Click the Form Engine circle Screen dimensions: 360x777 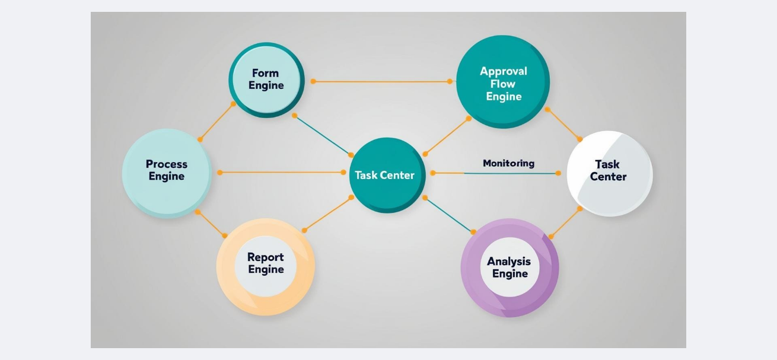pyautogui.click(x=266, y=79)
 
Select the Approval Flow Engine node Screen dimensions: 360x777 pyautogui.click(x=502, y=82)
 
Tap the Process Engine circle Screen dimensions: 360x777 pyautogui.click(x=167, y=173)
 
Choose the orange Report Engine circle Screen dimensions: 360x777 pyautogui.click(x=265, y=267)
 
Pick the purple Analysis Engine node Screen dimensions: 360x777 pyautogui.click(x=509, y=267)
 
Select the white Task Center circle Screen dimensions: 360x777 pyautogui.click(x=609, y=173)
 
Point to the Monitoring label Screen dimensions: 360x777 pyautogui.click(x=508, y=163)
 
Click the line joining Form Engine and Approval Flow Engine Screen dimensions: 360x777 pyautogui.click(x=381, y=81)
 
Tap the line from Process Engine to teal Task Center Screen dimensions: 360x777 pyautogui.click(x=281, y=173)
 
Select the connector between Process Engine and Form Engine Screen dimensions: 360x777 pyautogui.click(x=216, y=122)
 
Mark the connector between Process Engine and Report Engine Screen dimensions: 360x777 pyautogui.click(x=211, y=224)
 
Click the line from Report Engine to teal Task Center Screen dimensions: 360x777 pyautogui.click(x=327, y=214)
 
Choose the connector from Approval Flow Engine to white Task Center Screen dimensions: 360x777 pyautogui.click(x=563, y=125)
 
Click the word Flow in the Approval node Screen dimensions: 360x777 pyautogui.click(x=503, y=84)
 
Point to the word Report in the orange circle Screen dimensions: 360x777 pyautogui.click(x=265, y=257)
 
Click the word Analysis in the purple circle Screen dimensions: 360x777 pyautogui.click(x=509, y=262)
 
